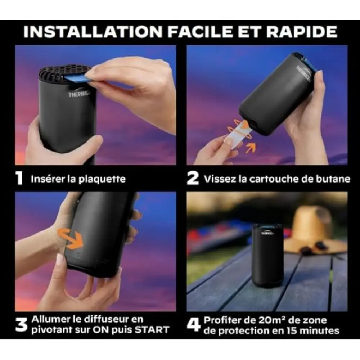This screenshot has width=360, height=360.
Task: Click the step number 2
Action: [193, 179]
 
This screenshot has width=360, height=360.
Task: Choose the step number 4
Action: [193, 325]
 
